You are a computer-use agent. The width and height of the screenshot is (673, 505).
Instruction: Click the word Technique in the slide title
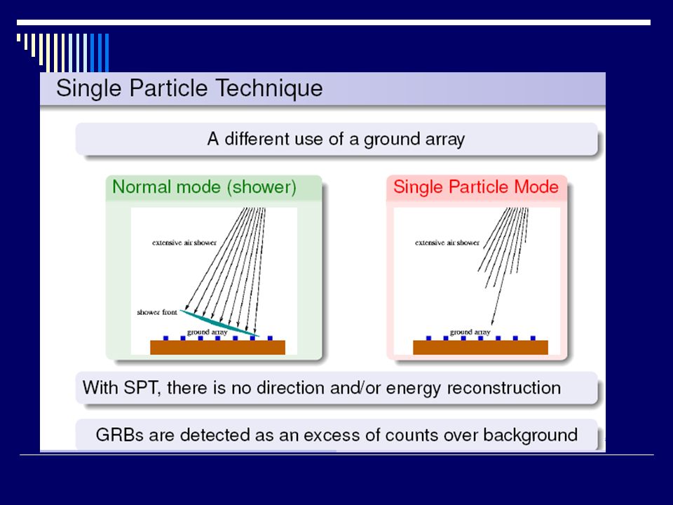pos(269,88)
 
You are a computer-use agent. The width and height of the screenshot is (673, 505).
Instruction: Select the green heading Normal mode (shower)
pos(204,187)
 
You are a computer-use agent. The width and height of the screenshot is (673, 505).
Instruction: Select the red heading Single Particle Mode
pos(476,187)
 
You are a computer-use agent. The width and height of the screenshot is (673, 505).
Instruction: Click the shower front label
pos(156,312)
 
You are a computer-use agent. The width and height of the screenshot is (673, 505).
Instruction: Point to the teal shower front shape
pos(219,323)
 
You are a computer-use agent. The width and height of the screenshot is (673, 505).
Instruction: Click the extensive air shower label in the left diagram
pos(184,243)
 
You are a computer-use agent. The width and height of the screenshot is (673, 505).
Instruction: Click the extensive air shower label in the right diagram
pos(447,243)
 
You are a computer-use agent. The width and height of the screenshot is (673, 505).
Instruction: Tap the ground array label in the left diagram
pos(207,332)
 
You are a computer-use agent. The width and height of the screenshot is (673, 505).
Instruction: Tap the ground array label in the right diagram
pos(470,332)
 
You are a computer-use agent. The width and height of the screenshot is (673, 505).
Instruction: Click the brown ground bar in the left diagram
pos(217,347)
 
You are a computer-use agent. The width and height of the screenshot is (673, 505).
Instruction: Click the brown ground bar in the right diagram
pos(480,347)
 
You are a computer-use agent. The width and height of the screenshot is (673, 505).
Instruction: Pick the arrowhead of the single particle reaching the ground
pos(493,322)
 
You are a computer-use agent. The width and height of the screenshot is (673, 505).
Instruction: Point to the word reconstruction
pos(504,388)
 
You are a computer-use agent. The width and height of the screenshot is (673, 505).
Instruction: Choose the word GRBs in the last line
pos(120,435)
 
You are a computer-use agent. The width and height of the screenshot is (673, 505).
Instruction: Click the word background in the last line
pos(530,436)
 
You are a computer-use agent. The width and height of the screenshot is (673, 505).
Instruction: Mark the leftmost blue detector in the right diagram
pos(428,338)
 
